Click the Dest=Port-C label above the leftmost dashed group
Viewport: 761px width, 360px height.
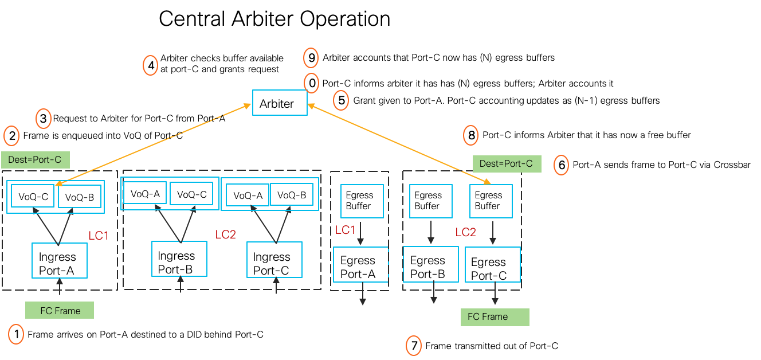35,160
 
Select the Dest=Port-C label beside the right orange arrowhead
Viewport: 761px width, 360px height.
507,163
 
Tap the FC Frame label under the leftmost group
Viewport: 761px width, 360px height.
60,311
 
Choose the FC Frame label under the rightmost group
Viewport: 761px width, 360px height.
495,317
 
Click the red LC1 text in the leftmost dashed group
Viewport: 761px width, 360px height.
99,236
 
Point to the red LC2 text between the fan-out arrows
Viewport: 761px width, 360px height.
226,234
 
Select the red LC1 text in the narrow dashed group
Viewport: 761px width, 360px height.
346,230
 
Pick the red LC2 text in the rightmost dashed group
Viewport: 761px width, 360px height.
466,232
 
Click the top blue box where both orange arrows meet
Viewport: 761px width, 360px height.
280,103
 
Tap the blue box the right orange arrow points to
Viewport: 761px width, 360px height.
491,201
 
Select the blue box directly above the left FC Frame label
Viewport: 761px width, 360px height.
60,260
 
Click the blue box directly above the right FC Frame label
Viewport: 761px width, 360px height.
493,264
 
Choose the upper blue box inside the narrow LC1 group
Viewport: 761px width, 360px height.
362,201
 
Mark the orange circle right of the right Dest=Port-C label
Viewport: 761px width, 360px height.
561,165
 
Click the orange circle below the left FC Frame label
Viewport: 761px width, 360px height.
16,334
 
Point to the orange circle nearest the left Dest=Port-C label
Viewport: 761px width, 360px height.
11,136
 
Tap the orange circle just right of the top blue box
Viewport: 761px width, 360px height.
341,100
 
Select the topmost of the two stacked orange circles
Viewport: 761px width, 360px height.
311,58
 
